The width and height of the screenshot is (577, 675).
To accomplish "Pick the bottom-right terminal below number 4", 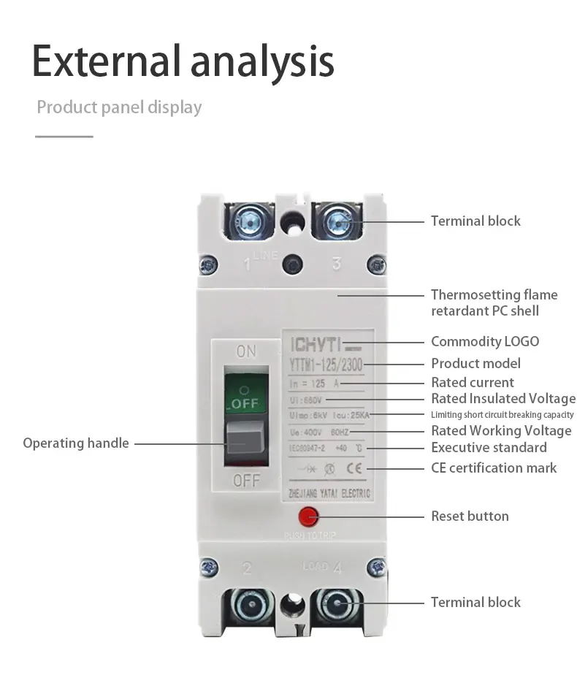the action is coord(337,606).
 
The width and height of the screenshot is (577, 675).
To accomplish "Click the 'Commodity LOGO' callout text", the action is coord(485,341).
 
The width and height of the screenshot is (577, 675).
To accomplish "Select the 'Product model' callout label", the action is coord(475,363).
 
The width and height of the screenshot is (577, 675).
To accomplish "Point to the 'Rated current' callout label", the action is coord(472,382).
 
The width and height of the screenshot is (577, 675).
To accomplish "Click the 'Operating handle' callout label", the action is coord(75,443).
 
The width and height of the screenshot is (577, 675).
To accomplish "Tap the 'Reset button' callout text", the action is coord(470,516).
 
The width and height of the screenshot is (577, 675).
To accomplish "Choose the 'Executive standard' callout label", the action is coord(489,447).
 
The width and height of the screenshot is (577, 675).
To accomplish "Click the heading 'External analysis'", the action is coord(183,62).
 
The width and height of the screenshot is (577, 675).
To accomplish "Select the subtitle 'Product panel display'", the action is coord(119,107).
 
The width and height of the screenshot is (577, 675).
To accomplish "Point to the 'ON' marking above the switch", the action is coord(247,352).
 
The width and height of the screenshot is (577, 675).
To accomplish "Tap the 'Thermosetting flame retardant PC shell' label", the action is coord(494,302).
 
